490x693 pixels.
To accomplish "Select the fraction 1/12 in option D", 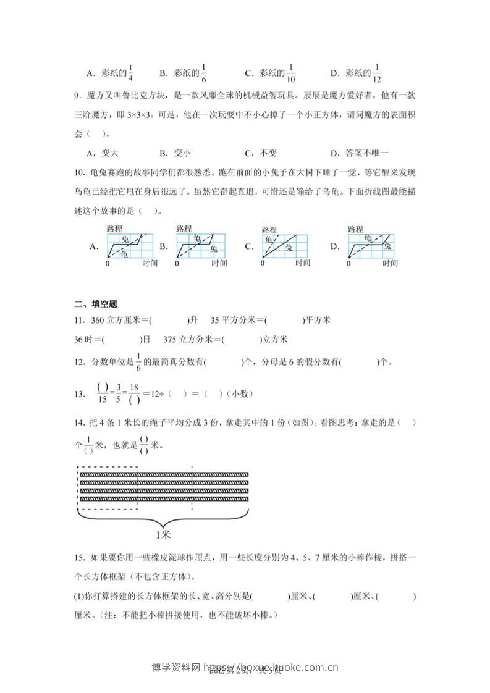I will point(378,73).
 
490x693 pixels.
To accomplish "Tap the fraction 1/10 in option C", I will point(291,73).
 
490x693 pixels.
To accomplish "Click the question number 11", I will point(79,321).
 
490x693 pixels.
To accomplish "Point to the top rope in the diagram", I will point(163,474).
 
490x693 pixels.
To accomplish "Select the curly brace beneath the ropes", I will point(163,518).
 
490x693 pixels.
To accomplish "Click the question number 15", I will point(78,558).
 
